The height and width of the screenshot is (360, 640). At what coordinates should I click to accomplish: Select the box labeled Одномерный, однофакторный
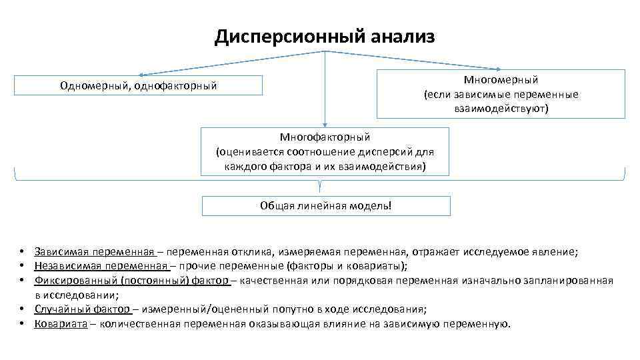(x=138, y=85)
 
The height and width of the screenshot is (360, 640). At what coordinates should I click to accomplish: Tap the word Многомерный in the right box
(x=501, y=81)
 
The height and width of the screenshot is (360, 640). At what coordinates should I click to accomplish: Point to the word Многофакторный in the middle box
(x=325, y=137)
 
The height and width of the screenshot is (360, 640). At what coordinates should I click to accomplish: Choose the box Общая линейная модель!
(x=326, y=205)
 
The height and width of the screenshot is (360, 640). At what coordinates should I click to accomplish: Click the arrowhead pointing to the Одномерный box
(x=141, y=75)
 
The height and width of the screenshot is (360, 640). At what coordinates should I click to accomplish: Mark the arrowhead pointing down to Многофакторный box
(x=325, y=124)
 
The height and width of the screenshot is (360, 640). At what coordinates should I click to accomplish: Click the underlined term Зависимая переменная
(x=95, y=251)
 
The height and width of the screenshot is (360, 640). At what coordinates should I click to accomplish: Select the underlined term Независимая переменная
(x=101, y=265)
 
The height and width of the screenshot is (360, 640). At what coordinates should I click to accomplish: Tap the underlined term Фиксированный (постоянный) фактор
(x=132, y=280)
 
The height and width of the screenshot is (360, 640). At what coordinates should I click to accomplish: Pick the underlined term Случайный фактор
(x=83, y=309)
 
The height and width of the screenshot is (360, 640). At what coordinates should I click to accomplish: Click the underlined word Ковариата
(x=61, y=323)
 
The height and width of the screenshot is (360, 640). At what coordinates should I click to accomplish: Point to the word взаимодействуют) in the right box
(x=501, y=108)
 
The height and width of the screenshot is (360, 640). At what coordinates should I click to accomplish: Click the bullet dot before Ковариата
(x=22, y=323)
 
